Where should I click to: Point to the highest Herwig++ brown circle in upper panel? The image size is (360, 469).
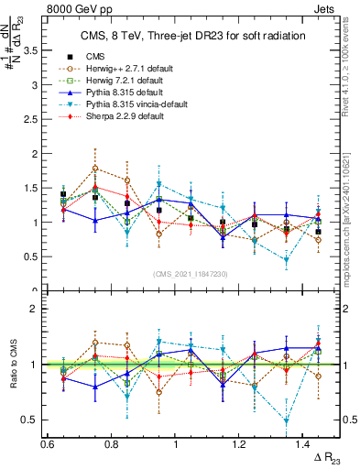tap(95, 169)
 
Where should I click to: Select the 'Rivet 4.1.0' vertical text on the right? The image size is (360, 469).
tap(351, 73)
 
